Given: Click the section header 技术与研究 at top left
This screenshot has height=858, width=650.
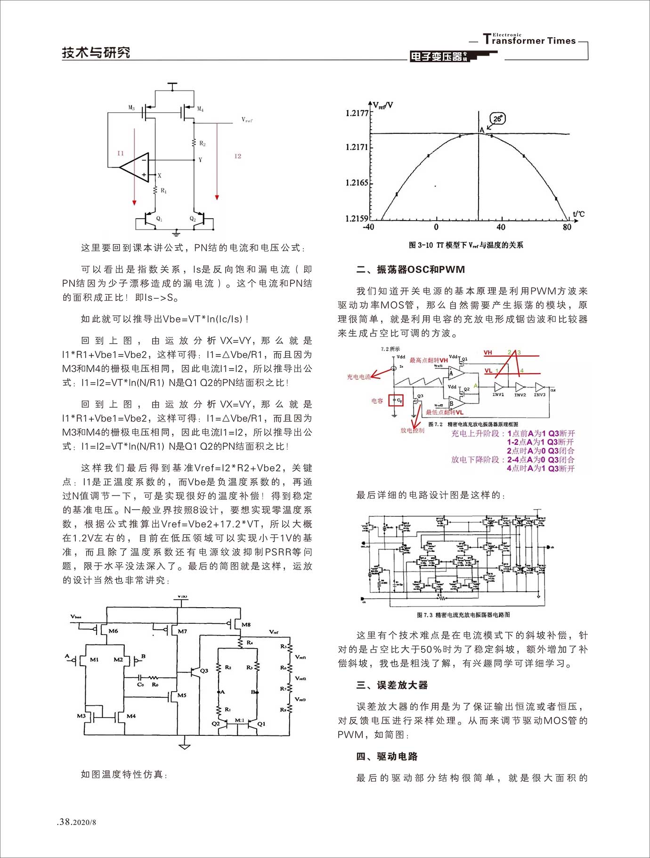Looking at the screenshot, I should tap(96, 52).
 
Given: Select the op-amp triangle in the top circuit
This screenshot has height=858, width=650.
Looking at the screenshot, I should tap(136, 167).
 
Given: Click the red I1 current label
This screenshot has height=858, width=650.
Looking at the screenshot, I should tap(121, 153).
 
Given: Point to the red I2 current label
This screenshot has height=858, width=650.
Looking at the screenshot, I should tap(237, 156).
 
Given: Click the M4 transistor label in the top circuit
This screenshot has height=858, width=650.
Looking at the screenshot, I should tap(200, 109).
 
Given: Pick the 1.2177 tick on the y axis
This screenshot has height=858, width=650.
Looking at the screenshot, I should tap(357, 113).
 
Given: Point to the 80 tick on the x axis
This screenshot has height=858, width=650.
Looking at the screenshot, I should tap(567, 227).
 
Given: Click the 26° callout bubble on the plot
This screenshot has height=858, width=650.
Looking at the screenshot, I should tap(497, 119).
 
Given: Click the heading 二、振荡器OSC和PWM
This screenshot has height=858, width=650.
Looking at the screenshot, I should tap(411, 270).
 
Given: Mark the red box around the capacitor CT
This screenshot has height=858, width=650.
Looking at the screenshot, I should tap(396, 400).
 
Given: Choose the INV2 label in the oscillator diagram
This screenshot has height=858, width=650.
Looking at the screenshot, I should tap(520, 395).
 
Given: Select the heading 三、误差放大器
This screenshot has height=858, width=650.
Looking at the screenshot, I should tap(392, 685).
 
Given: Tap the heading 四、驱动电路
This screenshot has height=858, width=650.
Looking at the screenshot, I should tap(387, 756).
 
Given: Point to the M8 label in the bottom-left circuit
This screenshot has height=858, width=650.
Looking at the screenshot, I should tap(246, 625).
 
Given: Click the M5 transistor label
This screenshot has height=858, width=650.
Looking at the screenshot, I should tap(182, 695).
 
